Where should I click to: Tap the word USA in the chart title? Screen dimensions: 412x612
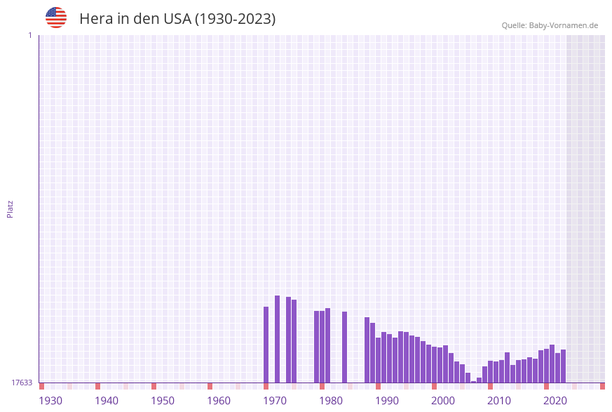pyautogui.click(x=177, y=19)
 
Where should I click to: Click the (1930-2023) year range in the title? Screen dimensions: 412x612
pyautogui.click(x=236, y=19)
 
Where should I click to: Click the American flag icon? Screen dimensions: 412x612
pyautogui.click(x=56, y=18)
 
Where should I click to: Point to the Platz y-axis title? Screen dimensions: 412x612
pyautogui.click(x=11, y=208)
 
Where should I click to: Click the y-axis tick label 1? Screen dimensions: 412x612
pyautogui.click(x=29, y=35)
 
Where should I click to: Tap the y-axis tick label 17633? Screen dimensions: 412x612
pyautogui.click(x=21, y=383)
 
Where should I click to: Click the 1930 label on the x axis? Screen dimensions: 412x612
pyautogui.click(x=50, y=401)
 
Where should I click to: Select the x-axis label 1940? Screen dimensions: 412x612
pyautogui.click(x=107, y=401)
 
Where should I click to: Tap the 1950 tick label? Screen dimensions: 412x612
pyautogui.click(x=163, y=401)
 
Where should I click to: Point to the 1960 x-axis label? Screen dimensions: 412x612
pyautogui.click(x=219, y=401)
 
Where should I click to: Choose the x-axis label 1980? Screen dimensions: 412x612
pyautogui.click(x=331, y=401)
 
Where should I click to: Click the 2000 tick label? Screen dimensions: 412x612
pyautogui.click(x=443, y=401)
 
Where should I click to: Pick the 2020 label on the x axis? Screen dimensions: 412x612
pyautogui.click(x=555, y=401)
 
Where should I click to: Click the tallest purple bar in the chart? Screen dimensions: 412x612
pyautogui.click(x=277, y=339)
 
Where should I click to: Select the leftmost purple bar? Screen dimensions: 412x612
pyautogui.click(x=266, y=345)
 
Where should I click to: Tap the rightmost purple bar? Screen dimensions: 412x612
pyautogui.click(x=563, y=366)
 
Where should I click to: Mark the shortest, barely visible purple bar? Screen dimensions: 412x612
pyautogui.click(x=473, y=381)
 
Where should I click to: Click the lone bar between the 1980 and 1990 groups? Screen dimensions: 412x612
pyautogui.click(x=344, y=347)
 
